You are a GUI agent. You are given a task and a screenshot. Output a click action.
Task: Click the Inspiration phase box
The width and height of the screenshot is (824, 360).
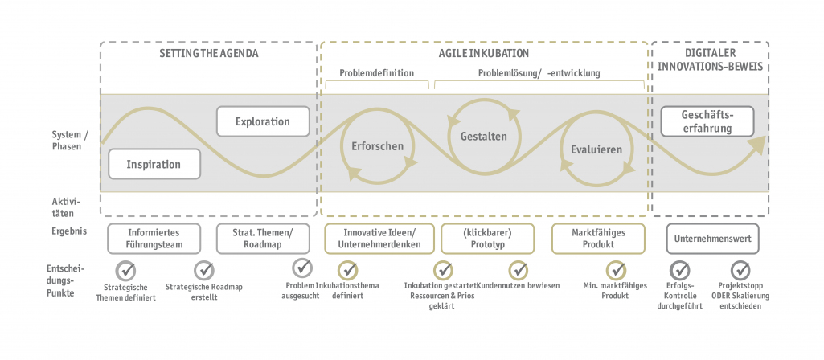click(x=154, y=164)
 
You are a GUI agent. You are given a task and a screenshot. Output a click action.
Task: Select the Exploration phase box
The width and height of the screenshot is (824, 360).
click(x=263, y=121)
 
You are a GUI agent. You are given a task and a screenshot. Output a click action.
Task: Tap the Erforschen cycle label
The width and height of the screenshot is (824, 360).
click(x=377, y=146)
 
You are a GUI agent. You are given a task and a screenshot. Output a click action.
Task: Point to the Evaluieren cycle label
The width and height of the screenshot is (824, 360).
click(x=596, y=149)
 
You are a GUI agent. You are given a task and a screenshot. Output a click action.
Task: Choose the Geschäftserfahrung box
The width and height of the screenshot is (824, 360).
click(x=707, y=121)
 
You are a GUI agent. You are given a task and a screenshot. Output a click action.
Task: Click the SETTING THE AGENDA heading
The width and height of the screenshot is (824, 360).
click(x=209, y=54)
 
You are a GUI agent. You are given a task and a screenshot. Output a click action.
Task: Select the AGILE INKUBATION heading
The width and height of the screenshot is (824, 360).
click(x=483, y=54)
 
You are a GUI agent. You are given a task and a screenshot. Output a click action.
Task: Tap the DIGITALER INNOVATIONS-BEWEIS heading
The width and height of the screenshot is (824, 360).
click(x=709, y=60)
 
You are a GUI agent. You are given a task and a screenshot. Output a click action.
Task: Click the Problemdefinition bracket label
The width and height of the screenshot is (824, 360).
click(x=376, y=72)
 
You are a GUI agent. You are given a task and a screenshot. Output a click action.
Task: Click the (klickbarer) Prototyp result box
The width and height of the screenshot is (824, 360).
click(x=487, y=239)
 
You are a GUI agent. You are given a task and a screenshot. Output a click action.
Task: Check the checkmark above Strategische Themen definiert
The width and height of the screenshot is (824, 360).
click(x=125, y=269)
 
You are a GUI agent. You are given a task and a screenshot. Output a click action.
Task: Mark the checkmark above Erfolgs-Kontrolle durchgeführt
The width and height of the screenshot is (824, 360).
click(x=680, y=269)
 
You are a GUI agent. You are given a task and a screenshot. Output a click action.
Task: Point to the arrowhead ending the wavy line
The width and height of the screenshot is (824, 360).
click(x=756, y=145)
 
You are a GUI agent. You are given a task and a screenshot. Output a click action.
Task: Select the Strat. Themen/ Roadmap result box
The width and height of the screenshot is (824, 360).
click(x=263, y=239)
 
